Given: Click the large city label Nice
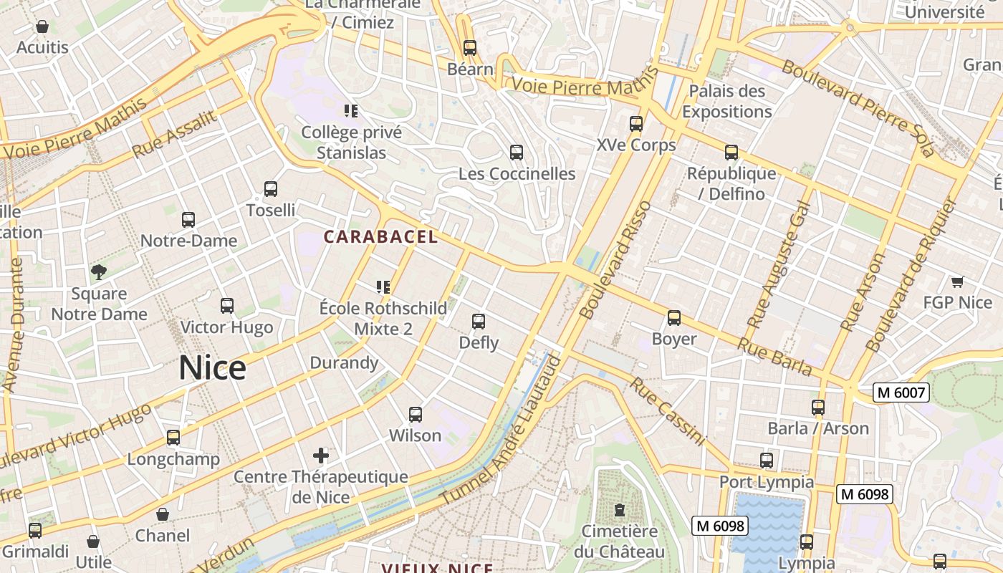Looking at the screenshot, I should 212,368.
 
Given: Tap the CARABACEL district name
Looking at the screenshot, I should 380,237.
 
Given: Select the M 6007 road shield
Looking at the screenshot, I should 901,393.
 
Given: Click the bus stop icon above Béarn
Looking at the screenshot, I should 470,48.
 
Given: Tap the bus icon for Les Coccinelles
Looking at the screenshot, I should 516,153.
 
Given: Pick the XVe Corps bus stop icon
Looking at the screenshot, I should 635,124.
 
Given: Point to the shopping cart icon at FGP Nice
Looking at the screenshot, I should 957,281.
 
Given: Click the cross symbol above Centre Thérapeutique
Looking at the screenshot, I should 321,456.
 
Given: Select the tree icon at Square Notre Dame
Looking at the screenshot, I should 98,272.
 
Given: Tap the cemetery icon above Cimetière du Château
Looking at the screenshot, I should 619,510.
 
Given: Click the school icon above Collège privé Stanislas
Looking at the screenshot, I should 350,111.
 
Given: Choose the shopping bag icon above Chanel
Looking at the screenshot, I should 163,514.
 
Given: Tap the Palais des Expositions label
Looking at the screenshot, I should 726,102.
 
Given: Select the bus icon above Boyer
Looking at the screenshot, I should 673,318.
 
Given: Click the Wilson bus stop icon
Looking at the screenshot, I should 415,415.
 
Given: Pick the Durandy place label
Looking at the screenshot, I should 344,362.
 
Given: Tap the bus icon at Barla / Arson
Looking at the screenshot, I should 818,408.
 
